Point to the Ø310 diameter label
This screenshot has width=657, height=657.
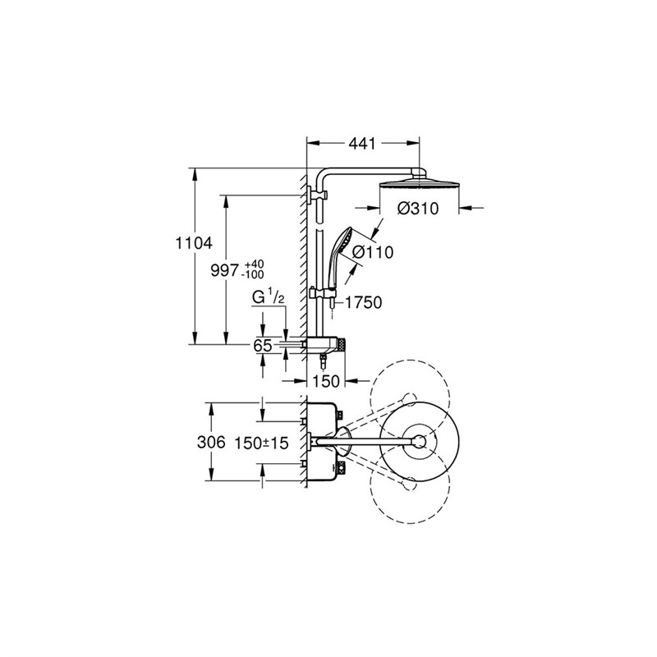click(x=417, y=209)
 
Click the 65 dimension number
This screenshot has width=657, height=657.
click(x=262, y=347)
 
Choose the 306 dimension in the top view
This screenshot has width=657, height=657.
click(x=212, y=442)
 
